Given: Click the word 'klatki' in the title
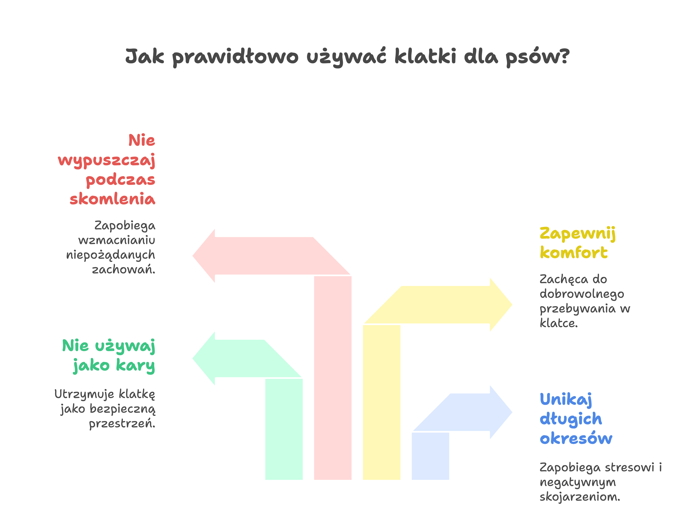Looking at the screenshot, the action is point(425,56).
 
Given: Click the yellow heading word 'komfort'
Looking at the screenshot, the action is point(574,253).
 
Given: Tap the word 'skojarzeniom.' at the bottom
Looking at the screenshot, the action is point(580,497).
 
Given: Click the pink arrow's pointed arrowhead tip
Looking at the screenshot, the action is point(193,256).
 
